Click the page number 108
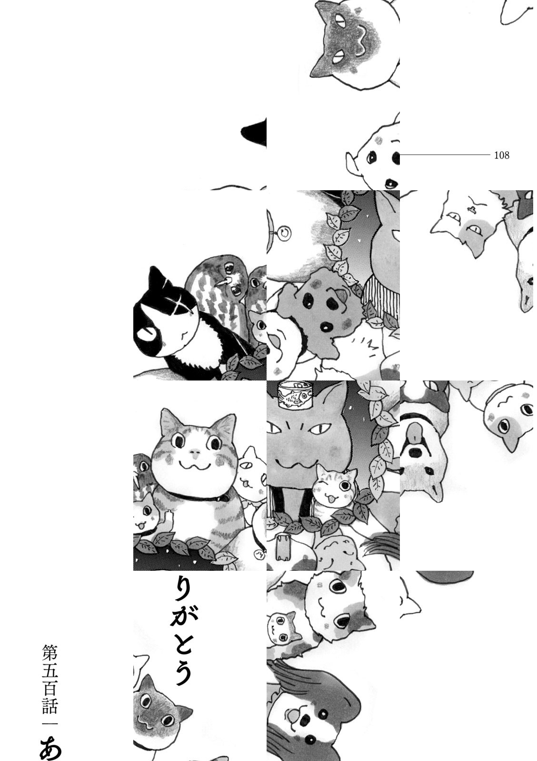(502, 155)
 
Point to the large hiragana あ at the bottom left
(51, 746)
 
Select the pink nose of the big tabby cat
(194, 452)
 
